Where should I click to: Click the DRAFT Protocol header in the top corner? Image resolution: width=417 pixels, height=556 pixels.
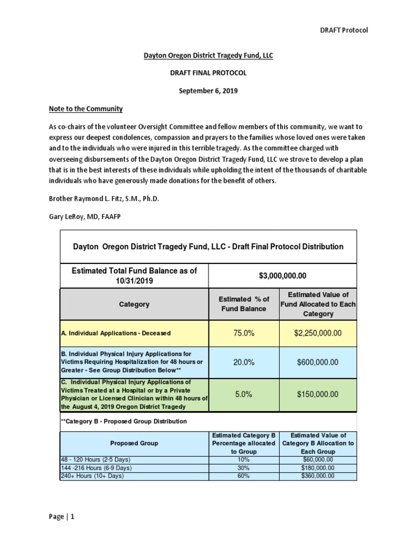[x=343, y=30]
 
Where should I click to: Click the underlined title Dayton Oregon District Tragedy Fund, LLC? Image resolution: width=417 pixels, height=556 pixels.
[x=208, y=55]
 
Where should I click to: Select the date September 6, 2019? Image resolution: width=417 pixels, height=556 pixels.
[x=208, y=91]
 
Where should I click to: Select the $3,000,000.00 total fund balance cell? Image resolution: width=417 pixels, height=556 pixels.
[x=282, y=276]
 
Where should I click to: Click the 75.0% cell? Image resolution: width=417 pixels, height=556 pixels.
[x=244, y=333]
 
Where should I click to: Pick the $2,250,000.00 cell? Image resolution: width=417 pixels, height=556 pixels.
[x=318, y=333]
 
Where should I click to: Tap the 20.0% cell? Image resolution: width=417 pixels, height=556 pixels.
[x=244, y=362]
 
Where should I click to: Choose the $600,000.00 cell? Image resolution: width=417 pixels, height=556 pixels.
[x=318, y=362]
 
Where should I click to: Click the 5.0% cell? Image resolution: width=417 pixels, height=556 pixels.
[x=244, y=395]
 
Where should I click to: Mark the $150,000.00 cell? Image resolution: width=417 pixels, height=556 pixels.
[x=318, y=395]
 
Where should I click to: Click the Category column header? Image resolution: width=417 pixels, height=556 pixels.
[x=134, y=305]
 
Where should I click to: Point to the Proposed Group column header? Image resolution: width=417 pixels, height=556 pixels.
[x=134, y=443]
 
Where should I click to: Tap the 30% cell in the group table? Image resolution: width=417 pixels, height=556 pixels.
[x=244, y=467]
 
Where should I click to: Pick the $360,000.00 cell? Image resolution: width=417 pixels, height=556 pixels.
[x=318, y=476]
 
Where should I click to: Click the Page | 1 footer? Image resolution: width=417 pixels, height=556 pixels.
[x=61, y=517]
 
